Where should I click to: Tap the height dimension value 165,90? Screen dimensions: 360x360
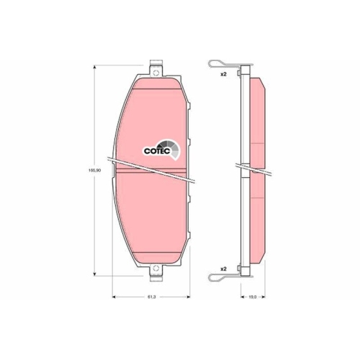point(91,171)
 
